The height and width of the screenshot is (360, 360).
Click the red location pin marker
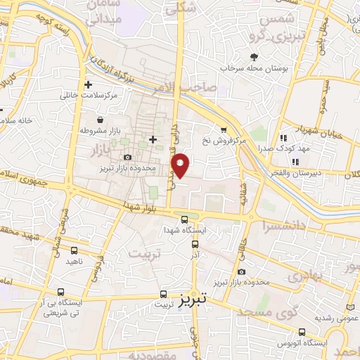click(x=181, y=165)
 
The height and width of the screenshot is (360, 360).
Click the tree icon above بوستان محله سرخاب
click(x=254, y=56)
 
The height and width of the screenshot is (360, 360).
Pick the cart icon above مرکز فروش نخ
click(x=224, y=129)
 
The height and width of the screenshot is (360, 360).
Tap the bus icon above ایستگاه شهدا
click(x=184, y=219)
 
